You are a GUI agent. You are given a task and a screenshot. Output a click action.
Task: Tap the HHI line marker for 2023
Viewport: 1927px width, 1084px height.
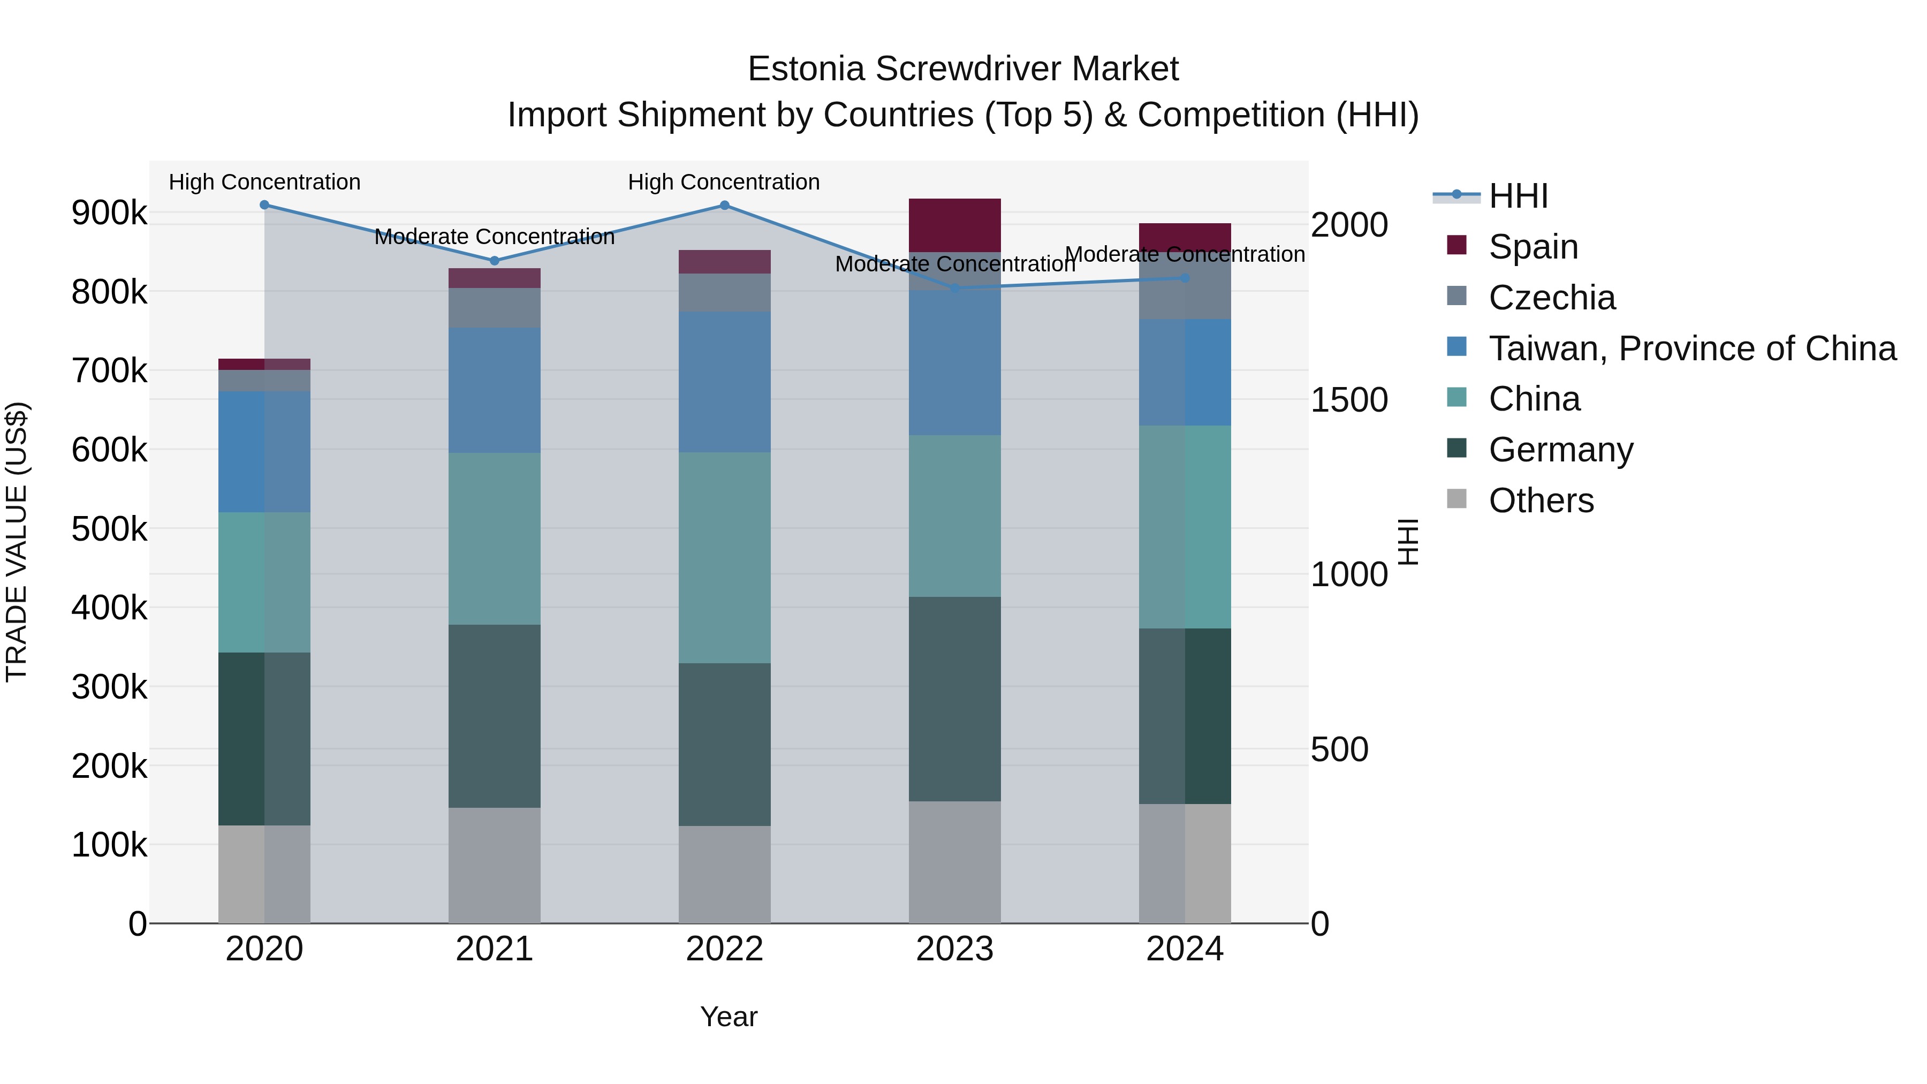954,288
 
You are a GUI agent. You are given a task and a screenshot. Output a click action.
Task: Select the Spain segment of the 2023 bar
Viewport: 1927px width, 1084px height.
954,225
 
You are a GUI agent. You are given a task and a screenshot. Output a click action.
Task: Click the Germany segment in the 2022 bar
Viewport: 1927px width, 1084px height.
724,745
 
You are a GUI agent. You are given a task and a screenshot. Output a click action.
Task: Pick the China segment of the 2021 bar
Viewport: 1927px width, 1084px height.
495,539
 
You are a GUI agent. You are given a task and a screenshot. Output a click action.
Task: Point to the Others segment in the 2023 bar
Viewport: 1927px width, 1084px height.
954,862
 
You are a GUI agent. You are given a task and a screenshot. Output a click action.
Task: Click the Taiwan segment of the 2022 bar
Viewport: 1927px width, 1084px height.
724,382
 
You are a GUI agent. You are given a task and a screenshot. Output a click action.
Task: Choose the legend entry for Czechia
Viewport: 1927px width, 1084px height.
1551,298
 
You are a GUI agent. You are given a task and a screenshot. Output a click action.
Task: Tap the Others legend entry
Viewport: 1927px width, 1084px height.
1541,501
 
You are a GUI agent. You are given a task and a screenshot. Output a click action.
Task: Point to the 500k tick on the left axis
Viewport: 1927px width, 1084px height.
109,529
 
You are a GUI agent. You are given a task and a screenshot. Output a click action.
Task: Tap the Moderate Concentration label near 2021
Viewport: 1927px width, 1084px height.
495,237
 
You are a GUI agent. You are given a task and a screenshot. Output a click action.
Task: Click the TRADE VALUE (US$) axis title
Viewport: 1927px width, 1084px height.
17,542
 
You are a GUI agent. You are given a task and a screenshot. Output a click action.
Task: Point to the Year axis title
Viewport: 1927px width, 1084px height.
729,1017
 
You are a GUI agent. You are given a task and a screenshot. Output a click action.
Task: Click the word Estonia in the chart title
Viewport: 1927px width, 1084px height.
807,69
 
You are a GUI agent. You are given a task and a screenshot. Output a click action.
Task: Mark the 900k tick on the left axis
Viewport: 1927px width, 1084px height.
109,213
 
